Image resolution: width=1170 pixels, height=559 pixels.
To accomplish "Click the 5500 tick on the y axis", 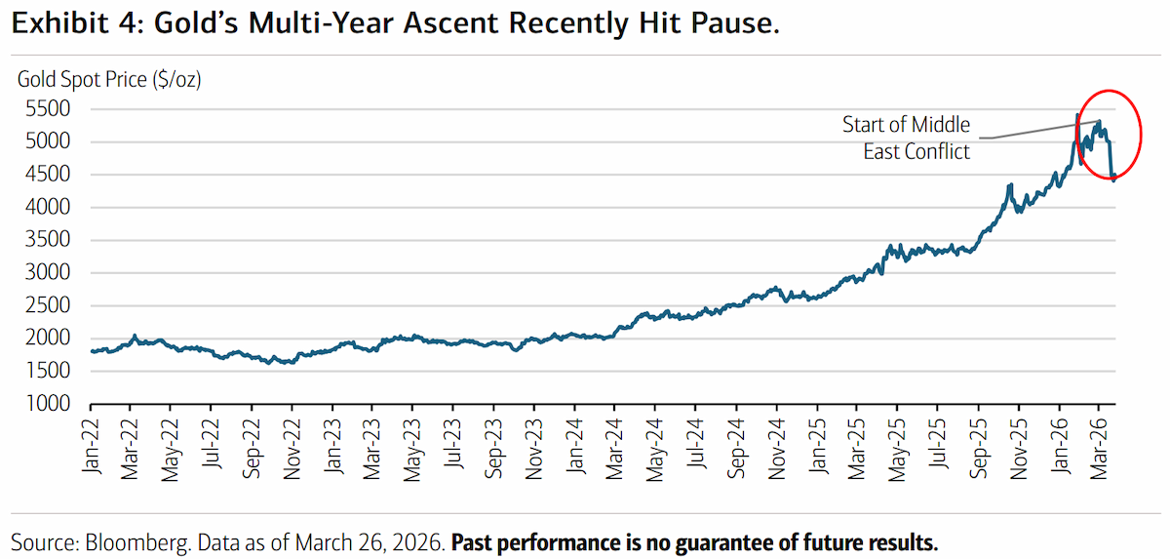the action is pos(48,108).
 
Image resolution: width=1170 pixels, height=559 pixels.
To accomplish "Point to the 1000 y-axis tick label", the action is pos(48,403).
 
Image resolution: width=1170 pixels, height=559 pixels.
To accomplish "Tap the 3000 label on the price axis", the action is pos(48,272).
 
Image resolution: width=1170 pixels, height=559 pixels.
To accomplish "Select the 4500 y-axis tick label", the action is pos(48,174).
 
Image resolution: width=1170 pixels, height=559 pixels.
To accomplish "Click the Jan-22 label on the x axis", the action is pos(91,447).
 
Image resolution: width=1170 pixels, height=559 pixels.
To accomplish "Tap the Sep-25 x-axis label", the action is pos(978,449).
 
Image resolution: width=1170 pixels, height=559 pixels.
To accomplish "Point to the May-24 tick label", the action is pos(655,451).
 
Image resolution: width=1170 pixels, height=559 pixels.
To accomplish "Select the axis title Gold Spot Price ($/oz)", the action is pos(109,79).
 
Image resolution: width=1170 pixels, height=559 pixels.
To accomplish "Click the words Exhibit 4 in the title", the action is pos(76,23).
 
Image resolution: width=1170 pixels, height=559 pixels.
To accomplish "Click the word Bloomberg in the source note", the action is pos(136,542).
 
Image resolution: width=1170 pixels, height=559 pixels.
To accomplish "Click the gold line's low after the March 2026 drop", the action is pos(1113,180).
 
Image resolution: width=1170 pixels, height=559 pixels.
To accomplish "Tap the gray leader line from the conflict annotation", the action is pos(1038,130).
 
